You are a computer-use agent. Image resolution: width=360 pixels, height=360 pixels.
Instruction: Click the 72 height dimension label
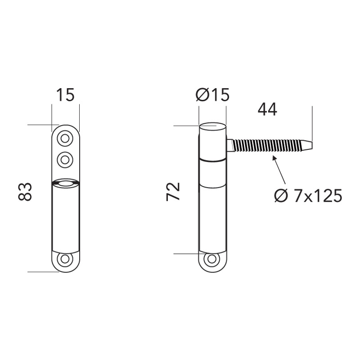click(174, 192)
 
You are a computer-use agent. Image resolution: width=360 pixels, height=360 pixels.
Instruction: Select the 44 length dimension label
click(267, 109)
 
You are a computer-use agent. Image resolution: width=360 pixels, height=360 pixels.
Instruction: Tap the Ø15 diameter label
click(213, 95)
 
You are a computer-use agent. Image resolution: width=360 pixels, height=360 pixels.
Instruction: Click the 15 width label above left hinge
click(65, 95)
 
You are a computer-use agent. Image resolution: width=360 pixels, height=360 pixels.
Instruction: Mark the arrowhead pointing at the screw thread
click(273, 157)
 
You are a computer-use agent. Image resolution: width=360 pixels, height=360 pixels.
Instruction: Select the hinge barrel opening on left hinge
click(66, 182)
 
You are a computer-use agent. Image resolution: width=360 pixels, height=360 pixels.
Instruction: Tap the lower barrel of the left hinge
click(66, 216)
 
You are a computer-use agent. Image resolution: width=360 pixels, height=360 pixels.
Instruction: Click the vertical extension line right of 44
click(311, 121)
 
